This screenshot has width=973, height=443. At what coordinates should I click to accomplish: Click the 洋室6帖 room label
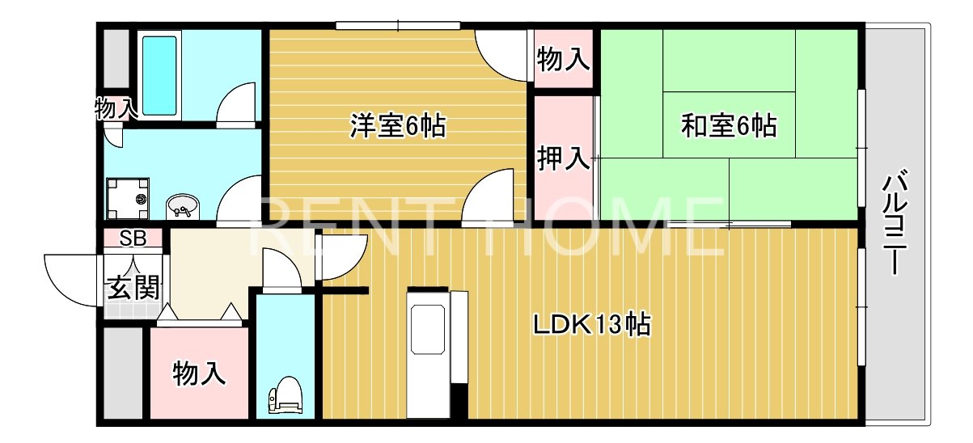click(397, 127)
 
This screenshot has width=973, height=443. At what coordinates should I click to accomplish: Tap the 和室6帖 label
click(729, 126)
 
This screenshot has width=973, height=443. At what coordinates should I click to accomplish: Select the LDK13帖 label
click(592, 325)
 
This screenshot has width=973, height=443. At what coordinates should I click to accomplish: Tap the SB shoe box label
click(131, 238)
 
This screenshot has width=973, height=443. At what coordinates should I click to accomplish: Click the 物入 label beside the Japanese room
click(563, 60)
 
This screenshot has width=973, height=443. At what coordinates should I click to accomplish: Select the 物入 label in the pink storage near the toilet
click(198, 373)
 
